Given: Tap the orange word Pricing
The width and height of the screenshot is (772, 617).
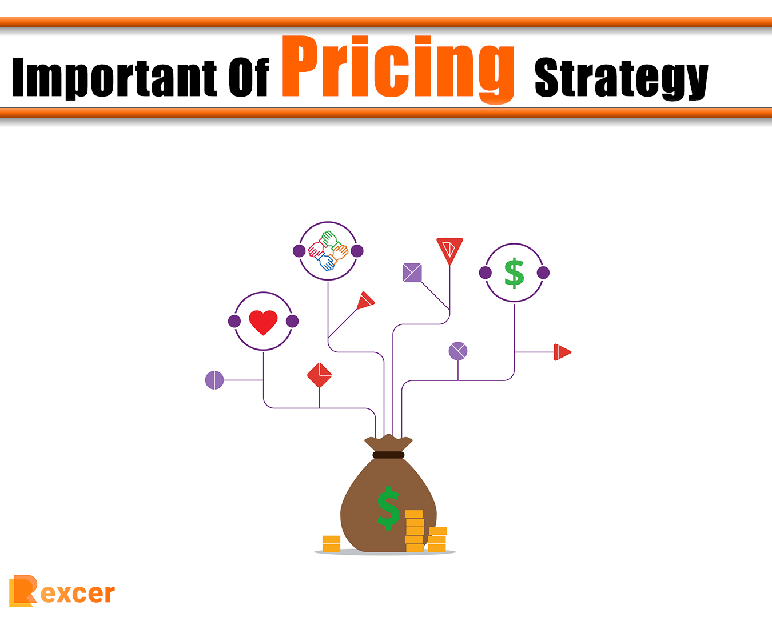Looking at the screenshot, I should [x=398, y=67].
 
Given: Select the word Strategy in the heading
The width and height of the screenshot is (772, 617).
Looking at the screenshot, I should [x=621, y=78].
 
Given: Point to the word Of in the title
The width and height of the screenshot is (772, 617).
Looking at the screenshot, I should [x=248, y=78].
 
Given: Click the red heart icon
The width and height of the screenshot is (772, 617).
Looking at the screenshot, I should [x=263, y=322].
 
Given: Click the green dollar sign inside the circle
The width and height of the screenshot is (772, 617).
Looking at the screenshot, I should [x=514, y=273].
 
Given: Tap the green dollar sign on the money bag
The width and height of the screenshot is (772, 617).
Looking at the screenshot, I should [x=388, y=508].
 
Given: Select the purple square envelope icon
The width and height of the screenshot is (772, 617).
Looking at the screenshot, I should [x=412, y=273].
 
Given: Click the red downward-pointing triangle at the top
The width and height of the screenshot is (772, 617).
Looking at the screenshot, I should [x=449, y=249].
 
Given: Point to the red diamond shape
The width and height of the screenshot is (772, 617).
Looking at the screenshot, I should [x=319, y=375].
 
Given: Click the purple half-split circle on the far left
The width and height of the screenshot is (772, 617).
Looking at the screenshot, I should [x=214, y=380].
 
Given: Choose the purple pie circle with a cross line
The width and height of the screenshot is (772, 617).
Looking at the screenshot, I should [x=458, y=351].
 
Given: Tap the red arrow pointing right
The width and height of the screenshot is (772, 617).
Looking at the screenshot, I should [x=562, y=352].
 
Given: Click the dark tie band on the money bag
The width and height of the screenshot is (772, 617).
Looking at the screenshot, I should [x=388, y=455].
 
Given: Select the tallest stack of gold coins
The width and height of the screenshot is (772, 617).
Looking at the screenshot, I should [x=414, y=531].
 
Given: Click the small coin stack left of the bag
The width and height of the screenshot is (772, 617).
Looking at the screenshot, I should [x=331, y=543].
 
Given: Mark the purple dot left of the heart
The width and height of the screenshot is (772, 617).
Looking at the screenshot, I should [x=234, y=321].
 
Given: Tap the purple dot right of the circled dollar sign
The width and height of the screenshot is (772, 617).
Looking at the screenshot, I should [x=543, y=273].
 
